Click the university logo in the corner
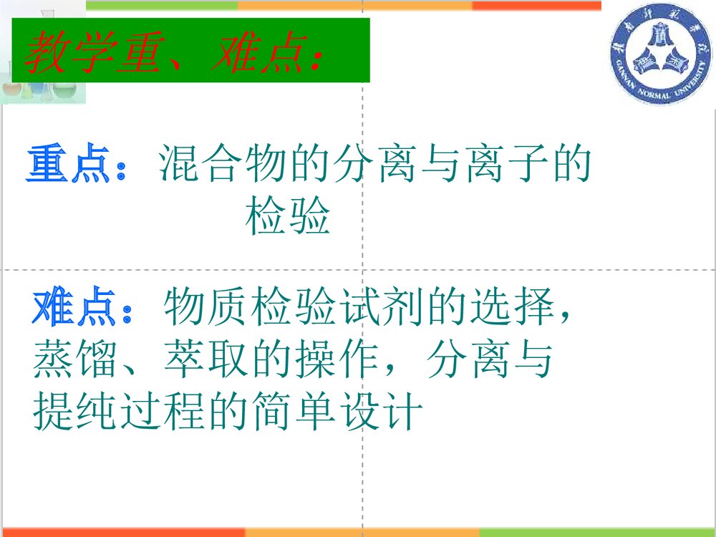(x=659, y=59)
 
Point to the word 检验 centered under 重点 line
(x=288, y=218)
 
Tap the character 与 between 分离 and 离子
(x=437, y=165)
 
